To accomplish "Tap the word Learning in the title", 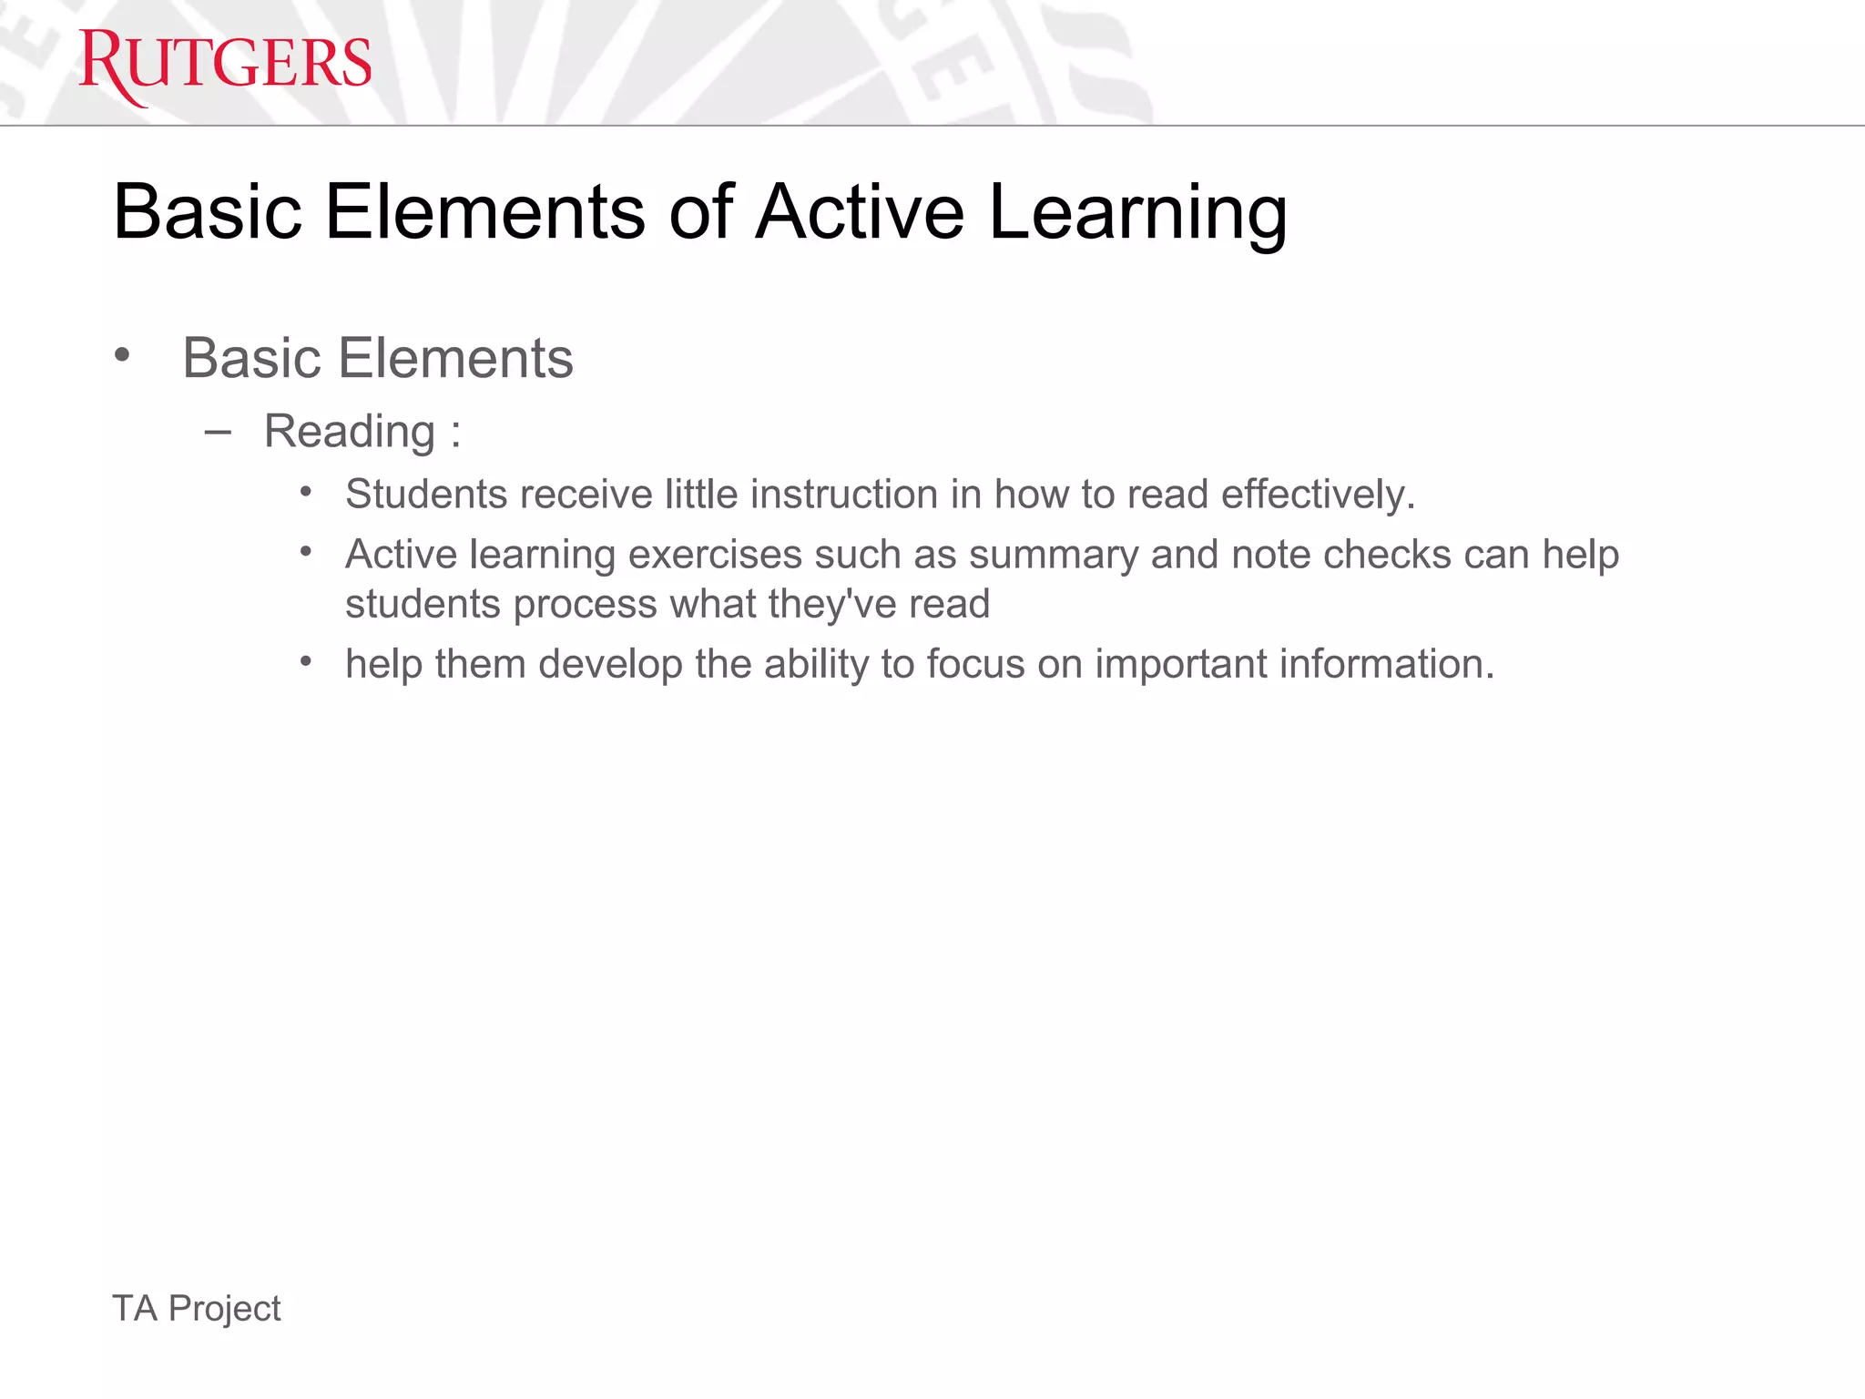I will point(1137,214).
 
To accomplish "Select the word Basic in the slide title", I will point(207,212).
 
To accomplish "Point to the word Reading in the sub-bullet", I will point(349,431).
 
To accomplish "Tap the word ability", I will point(816,664).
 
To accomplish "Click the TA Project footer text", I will point(196,1308).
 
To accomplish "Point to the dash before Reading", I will point(218,432).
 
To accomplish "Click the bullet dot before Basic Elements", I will point(122,355).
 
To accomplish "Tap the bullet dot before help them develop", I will point(306,661).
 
